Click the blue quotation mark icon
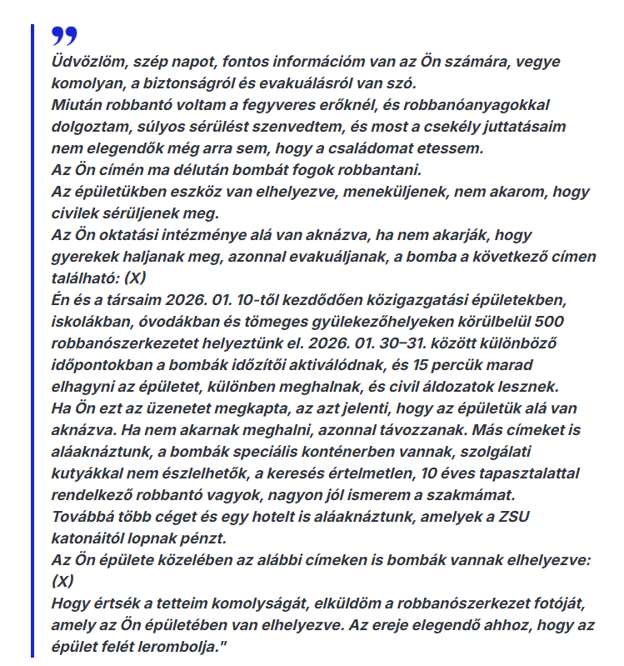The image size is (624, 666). (63, 35)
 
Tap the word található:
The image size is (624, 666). (91, 278)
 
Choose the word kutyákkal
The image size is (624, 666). (92, 473)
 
